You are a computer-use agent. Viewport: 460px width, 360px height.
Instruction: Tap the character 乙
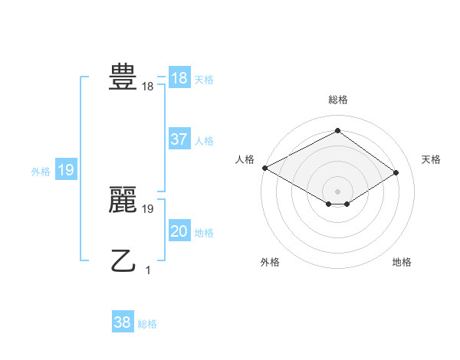click(123, 261)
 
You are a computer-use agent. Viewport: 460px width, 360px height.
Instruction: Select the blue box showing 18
click(179, 78)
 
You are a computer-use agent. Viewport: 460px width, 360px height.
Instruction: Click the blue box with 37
click(179, 139)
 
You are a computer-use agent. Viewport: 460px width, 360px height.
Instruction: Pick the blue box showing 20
click(179, 231)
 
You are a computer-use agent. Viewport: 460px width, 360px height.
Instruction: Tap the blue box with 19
click(65, 170)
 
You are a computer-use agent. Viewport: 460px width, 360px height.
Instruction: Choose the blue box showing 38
click(123, 322)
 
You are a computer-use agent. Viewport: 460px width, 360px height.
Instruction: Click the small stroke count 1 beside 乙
click(148, 270)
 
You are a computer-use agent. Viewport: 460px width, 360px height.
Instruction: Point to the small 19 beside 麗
click(148, 208)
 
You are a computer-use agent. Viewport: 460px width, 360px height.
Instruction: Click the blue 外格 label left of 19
click(41, 172)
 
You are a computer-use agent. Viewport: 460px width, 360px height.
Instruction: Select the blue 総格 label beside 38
click(147, 324)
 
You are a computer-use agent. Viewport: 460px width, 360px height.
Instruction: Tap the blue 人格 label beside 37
click(204, 141)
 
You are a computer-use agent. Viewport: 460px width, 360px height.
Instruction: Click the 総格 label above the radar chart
click(337, 100)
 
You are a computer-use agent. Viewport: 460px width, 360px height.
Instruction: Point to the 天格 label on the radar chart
click(431, 159)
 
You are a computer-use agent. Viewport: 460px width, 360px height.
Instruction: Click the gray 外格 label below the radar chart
click(270, 262)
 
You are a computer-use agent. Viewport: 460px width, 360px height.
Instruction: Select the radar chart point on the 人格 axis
click(264, 168)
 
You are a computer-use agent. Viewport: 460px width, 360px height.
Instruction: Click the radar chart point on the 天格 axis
click(396, 172)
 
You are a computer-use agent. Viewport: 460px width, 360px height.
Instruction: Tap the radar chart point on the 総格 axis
click(337, 131)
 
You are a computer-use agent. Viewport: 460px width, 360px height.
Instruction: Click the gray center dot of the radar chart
click(337, 191)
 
